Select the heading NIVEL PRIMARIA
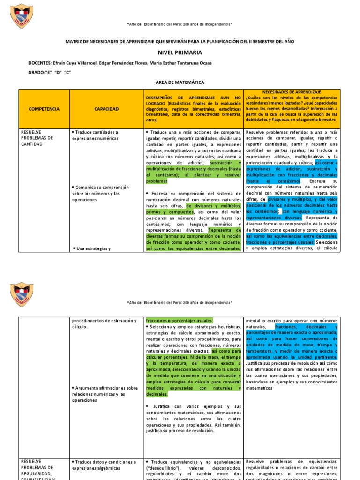[180, 52]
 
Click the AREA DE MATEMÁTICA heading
[180, 82]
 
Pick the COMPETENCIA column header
[44, 109]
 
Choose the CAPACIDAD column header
[106, 109]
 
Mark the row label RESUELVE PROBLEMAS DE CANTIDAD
[37, 138]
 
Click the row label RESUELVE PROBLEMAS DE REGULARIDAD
[37, 467]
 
